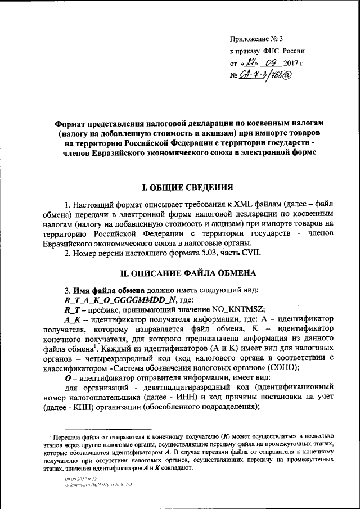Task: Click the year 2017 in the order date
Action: tap(293, 64)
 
